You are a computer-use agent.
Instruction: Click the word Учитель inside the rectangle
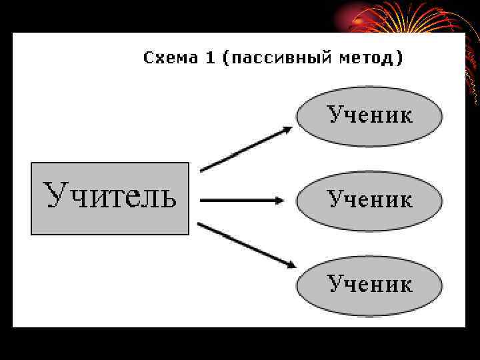(x=110, y=196)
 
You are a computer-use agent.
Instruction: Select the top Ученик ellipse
(x=369, y=116)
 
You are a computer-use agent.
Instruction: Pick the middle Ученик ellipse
(x=369, y=201)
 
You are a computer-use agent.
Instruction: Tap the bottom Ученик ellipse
(x=369, y=286)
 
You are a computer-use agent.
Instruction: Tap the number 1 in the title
(x=210, y=58)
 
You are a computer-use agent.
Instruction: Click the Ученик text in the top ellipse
(x=369, y=115)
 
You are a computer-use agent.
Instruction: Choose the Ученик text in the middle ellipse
(x=369, y=199)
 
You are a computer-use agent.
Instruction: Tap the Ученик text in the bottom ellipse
(x=369, y=284)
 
